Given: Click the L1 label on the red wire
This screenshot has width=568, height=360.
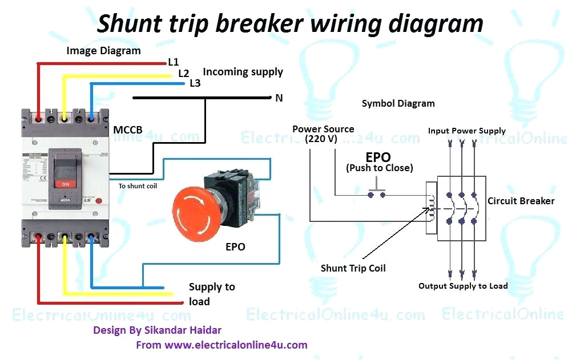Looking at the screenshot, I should pos(174,62).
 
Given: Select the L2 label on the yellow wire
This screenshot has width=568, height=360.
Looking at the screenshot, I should pos(183,73).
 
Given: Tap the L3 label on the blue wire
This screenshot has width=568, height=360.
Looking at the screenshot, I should pos(195,83).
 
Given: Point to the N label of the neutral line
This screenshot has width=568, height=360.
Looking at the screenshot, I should pos(279,98).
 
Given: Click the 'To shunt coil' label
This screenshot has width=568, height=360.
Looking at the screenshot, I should pos(138,186).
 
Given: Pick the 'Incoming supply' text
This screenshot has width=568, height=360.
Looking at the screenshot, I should pos(243,72).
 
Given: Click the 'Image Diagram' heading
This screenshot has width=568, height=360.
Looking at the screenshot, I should pos(103,51).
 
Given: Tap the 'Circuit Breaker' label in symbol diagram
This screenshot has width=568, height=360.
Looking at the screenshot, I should pos(521,201).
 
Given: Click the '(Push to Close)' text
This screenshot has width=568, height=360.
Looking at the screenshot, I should pos(380,168).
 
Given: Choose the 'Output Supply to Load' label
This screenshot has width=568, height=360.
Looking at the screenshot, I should pos(463,286).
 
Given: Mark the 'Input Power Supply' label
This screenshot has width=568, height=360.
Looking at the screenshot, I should pos(466,131).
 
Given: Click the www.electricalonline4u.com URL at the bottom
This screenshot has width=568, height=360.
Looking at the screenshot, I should pos(236,345).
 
